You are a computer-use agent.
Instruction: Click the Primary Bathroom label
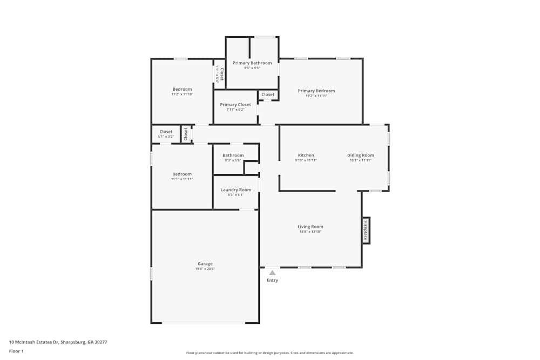click(252, 63)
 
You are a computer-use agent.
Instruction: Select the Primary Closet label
click(235, 105)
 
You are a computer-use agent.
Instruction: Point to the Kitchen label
click(306, 155)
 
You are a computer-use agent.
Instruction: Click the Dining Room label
click(360, 155)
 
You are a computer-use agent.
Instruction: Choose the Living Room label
click(310, 227)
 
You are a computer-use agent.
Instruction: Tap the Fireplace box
click(366, 230)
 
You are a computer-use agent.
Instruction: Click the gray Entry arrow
click(272, 273)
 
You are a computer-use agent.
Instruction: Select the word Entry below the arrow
click(272, 281)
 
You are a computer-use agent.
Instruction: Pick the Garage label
click(205, 264)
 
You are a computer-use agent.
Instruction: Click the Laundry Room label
click(236, 190)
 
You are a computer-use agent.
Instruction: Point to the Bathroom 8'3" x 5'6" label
click(233, 155)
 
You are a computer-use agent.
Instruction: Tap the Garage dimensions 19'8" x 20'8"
click(205, 269)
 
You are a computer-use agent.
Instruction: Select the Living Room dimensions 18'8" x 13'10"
click(310, 232)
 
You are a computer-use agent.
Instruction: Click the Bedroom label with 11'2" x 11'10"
click(182, 89)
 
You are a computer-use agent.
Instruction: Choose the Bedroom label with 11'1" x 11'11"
click(182, 174)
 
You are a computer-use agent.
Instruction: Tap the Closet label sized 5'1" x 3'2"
click(166, 132)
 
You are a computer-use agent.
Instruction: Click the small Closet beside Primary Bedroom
click(268, 94)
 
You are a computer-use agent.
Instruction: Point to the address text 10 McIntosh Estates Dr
click(43, 342)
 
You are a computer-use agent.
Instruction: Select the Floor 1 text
click(16, 351)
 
